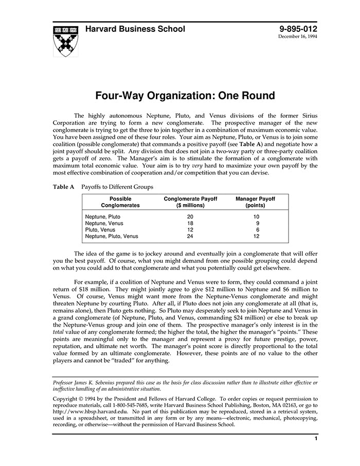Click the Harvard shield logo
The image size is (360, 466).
pos(66,41)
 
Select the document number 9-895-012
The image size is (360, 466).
pos(298,29)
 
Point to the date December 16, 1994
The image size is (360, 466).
pos(298,37)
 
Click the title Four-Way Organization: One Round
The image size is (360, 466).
pos(185,96)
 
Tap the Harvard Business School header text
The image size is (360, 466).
pos(135,29)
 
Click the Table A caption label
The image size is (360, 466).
pos(65,187)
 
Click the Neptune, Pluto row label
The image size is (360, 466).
pos(103,217)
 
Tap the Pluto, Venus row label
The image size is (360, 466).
pos(100,229)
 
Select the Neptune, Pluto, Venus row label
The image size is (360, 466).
pos(112,236)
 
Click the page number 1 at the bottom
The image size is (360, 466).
pos(316,438)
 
